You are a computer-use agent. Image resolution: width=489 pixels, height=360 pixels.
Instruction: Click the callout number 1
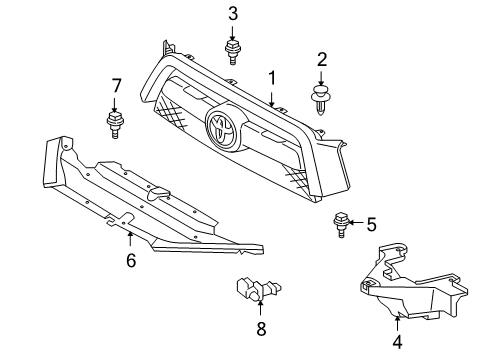click(x=270, y=76)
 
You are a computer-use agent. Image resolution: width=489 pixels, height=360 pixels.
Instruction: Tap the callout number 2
click(x=322, y=61)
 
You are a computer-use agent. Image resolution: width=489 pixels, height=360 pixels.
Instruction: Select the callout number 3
click(x=233, y=13)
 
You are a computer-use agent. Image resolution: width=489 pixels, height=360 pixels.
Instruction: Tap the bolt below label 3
click(x=233, y=49)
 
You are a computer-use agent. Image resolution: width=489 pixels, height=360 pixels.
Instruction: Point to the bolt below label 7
click(x=115, y=124)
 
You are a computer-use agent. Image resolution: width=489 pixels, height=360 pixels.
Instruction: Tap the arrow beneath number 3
click(x=233, y=30)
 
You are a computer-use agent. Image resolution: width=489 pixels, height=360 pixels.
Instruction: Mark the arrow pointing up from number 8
click(x=262, y=308)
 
